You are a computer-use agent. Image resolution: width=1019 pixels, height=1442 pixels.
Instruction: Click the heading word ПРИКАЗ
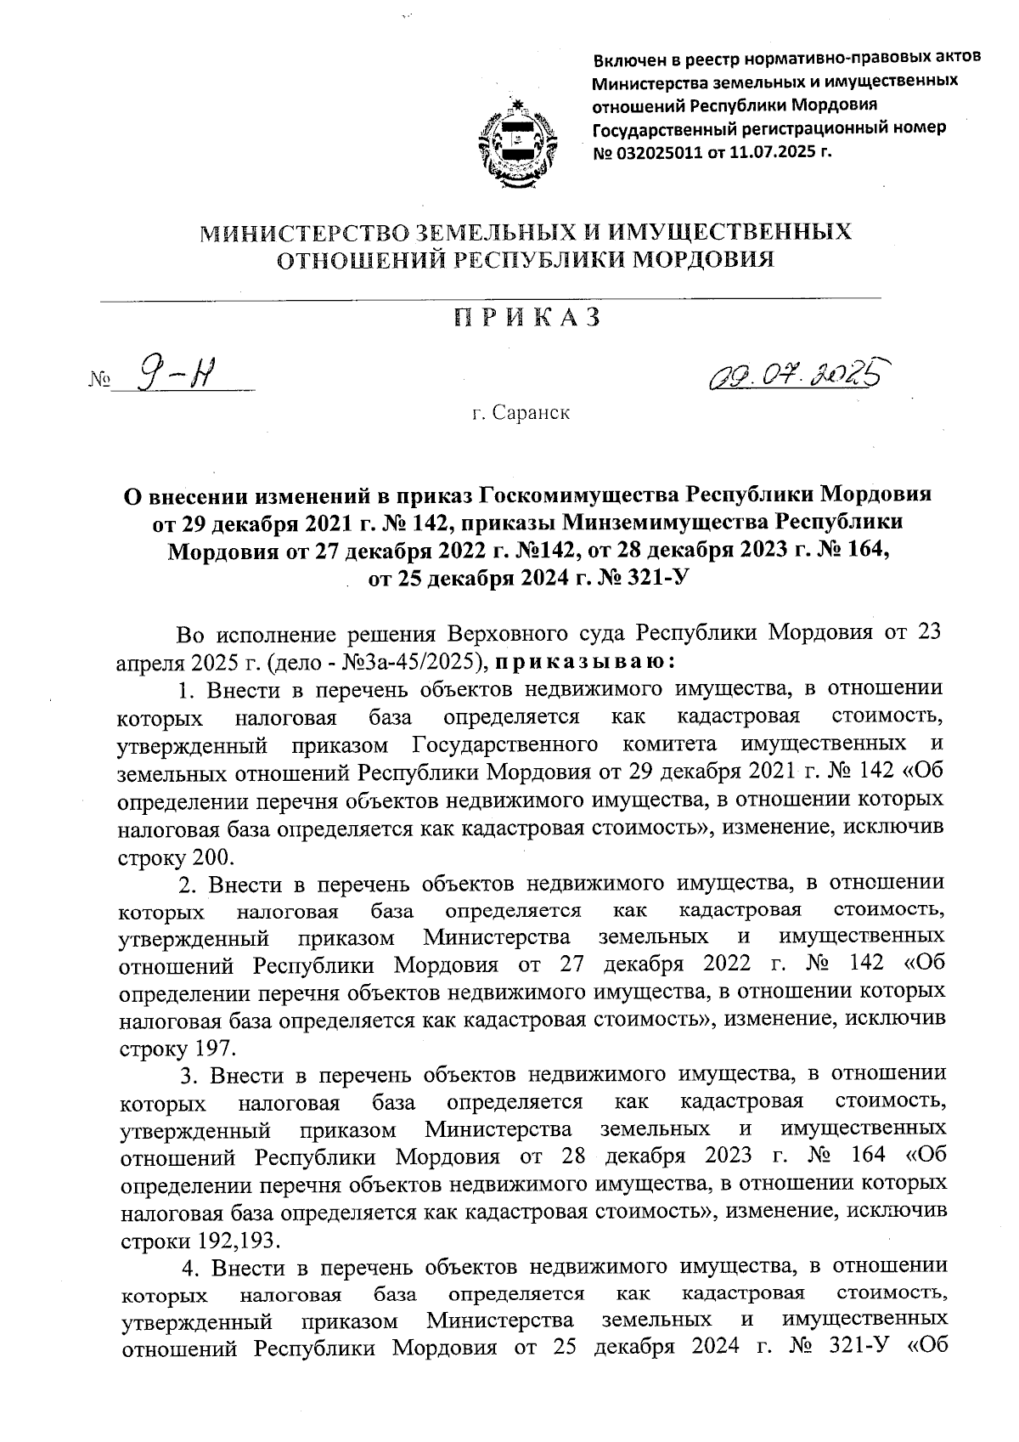point(526,318)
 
